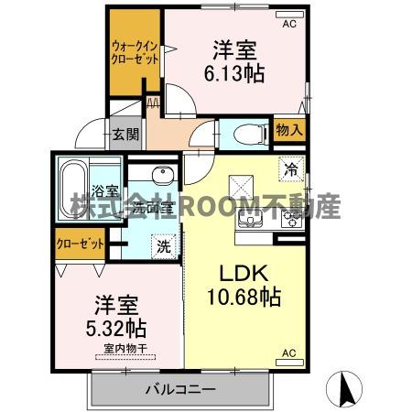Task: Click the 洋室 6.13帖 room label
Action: [x=239, y=61]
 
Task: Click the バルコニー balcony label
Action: [x=180, y=389]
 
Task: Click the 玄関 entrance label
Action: [x=125, y=135]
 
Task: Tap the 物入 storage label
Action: [x=288, y=131]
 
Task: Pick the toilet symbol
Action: [x=251, y=134]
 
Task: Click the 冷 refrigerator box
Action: [x=291, y=169]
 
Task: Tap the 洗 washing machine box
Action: [x=162, y=245]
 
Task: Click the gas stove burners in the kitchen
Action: [x=290, y=219]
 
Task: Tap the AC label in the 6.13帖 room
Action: [x=289, y=24]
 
